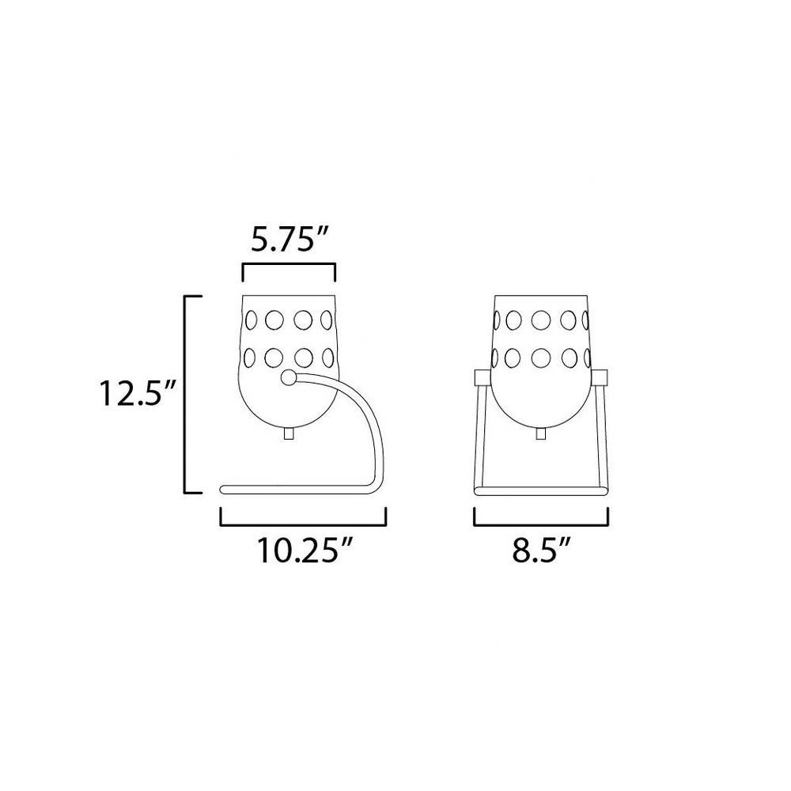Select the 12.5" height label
pyautogui.click(x=138, y=393)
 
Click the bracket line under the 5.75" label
pyautogui.click(x=289, y=264)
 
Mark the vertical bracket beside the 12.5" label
pyautogui.click(x=185, y=394)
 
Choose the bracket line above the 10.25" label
pyautogui.click(x=303, y=524)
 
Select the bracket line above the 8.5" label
pyautogui.click(x=541, y=524)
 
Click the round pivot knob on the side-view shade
pyautogui.click(x=289, y=378)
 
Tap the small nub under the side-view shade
pyautogui.click(x=289, y=434)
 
